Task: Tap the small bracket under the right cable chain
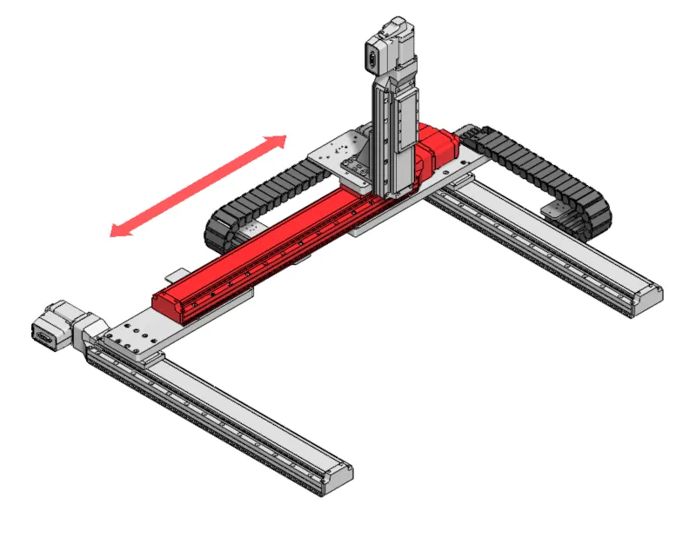click(x=554, y=209)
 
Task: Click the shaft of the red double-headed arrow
click(x=198, y=184)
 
